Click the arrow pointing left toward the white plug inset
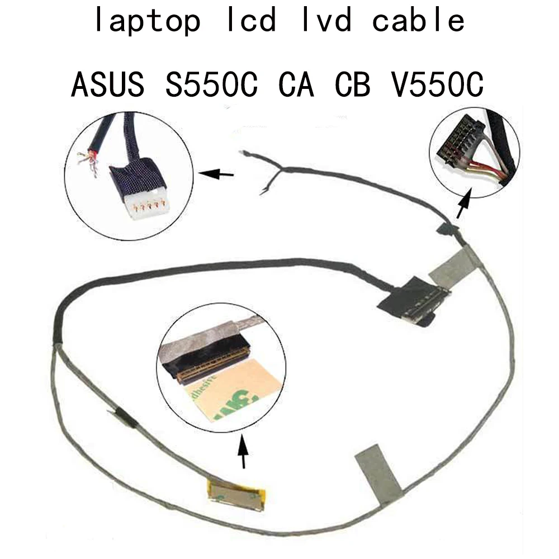[x=217, y=174]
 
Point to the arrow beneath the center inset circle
[x=243, y=452]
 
